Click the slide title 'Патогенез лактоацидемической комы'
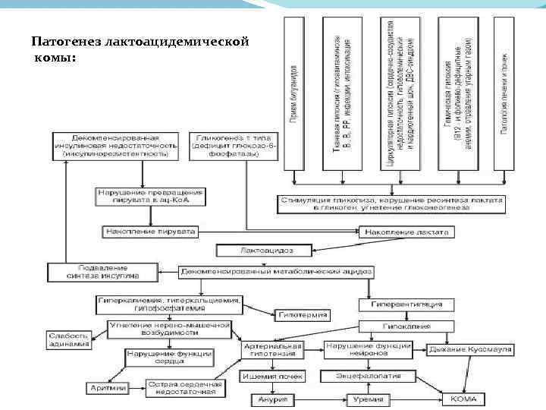pyautogui.click(x=140, y=49)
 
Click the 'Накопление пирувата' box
pyautogui.click(x=150, y=230)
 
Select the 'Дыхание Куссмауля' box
pyautogui.click(x=471, y=349)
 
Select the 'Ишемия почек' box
pyautogui.click(x=273, y=376)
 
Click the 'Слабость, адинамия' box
pyautogui.click(x=68, y=339)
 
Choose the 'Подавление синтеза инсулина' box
pyautogui.click(x=102, y=271)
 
